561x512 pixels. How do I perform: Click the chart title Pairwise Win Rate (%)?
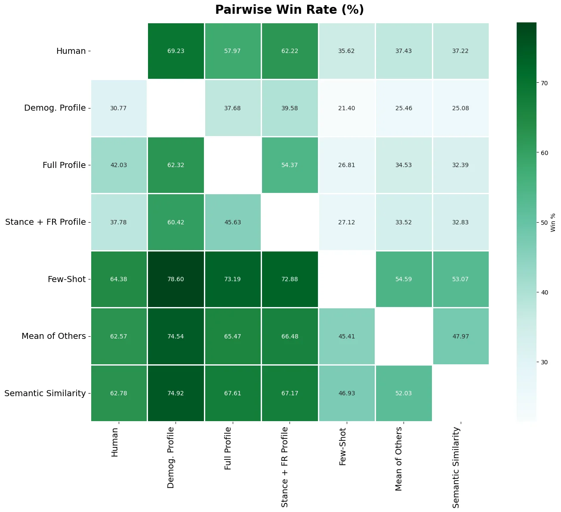[x=290, y=10]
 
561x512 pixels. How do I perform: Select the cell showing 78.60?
[x=176, y=279]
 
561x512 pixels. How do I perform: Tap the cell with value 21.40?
[x=346, y=108]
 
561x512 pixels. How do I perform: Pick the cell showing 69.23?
[x=176, y=51]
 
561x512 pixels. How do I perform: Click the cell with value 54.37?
[x=290, y=165]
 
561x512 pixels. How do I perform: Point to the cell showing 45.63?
[x=232, y=222]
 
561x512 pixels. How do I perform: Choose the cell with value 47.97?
[x=460, y=336]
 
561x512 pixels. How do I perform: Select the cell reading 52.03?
[x=403, y=393]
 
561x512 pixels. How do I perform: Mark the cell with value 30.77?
[x=119, y=108]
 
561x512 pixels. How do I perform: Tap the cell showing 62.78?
[x=119, y=393]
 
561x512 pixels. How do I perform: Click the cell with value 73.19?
[x=232, y=279]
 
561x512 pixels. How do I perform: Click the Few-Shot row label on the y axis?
[x=67, y=279]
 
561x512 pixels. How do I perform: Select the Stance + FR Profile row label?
[x=46, y=222]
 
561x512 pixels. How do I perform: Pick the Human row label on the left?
[x=71, y=51]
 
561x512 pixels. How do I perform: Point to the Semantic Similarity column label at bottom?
[x=456, y=467]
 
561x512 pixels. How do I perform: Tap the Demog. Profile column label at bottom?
[x=171, y=457]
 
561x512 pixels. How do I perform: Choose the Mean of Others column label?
[x=399, y=459]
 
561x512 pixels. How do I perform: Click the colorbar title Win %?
[x=553, y=222]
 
